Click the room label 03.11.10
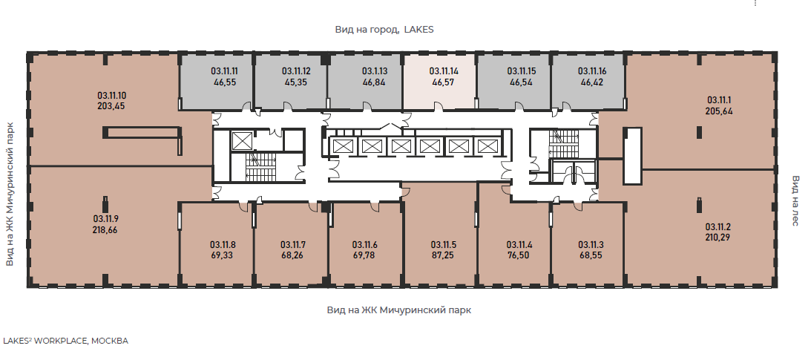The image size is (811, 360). (x=111, y=95)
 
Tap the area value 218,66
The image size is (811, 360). (x=105, y=230)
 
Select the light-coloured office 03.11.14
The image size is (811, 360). (x=440, y=81)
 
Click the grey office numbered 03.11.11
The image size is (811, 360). (x=217, y=81)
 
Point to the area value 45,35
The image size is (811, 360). (x=296, y=82)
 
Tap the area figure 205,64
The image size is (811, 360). (x=719, y=111)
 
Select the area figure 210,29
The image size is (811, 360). (x=718, y=238)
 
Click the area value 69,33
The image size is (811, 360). (x=223, y=255)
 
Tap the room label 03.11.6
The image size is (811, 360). (x=365, y=245)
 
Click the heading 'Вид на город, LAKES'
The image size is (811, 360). (x=384, y=30)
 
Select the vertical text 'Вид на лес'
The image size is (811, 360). (x=796, y=200)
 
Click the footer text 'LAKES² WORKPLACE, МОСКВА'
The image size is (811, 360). (x=66, y=341)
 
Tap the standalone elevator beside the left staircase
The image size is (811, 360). (x=241, y=141)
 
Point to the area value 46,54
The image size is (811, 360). (x=522, y=82)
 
